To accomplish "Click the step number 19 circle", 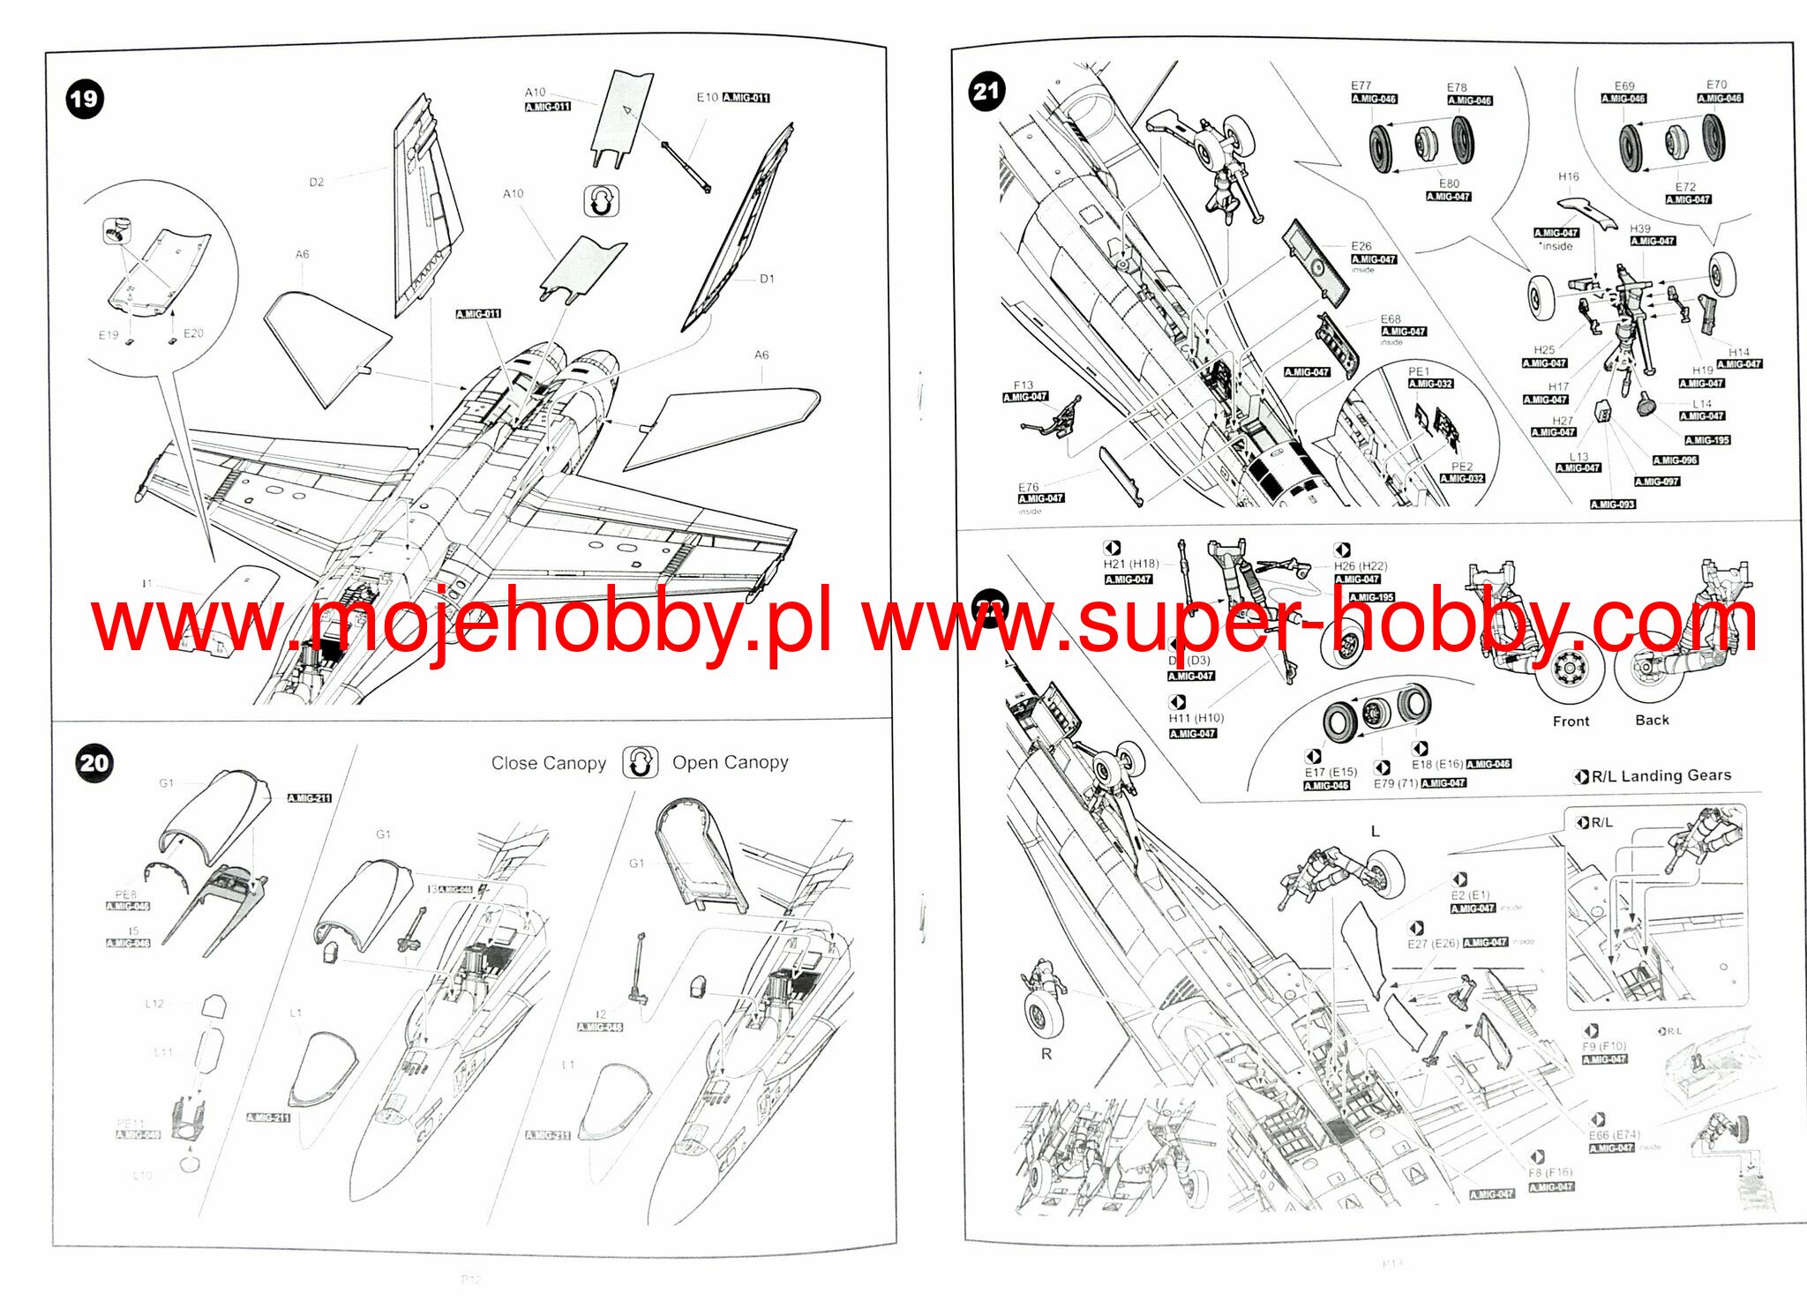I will [x=85, y=99].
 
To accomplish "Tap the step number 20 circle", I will [x=94, y=763].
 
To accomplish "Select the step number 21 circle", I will [x=986, y=91].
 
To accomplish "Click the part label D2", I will [x=316, y=182].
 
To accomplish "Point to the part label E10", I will [x=707, y=97].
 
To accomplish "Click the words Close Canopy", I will [x=549, y=763].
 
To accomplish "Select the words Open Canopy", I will [x=730, y=762].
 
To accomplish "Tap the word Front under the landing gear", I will [x=1571, y=721].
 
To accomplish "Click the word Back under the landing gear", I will [x=1652, y=720].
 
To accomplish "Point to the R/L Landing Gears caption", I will [x=1661, y=775].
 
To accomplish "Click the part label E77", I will [x=1361, y=86].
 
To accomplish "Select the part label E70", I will [x=1716, y=85].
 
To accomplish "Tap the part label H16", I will [x=1568, y=176].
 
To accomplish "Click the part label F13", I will [x=1023, y=385].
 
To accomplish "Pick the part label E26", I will [x=1361, y=246].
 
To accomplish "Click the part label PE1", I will [x=1418, y=371].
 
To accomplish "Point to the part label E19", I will [x=108, y=335].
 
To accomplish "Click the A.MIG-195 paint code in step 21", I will [x=1707, y=440].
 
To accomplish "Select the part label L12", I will [x=154, y=1004].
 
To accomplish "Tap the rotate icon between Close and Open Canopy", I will [x=640, y=762].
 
